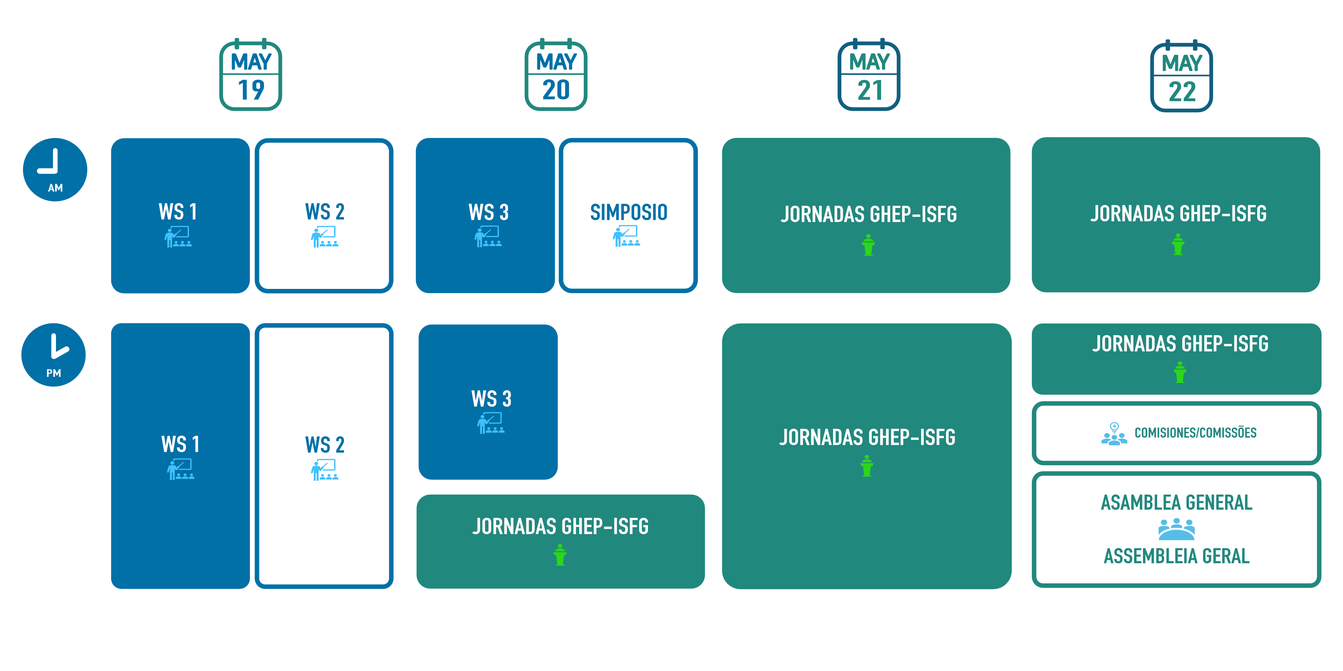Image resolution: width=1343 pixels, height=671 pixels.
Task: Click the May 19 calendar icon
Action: [251, 76]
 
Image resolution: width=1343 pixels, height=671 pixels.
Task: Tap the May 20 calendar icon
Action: [556, 76]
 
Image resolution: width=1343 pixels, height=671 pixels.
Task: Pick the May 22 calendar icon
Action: [1181, 76]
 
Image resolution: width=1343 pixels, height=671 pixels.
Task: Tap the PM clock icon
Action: [54, 355]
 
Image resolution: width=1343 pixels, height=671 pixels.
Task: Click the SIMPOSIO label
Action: [628, 212]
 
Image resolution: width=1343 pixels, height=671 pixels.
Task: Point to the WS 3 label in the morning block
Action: [488, 212]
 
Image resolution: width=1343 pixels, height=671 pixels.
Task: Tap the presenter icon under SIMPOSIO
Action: [626, 236]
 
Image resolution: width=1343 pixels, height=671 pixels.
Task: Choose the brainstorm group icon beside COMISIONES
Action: [1114, 434]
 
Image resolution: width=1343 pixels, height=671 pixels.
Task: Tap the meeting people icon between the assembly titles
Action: [1176, 530]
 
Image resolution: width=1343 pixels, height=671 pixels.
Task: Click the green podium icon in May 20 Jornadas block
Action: [560, 555]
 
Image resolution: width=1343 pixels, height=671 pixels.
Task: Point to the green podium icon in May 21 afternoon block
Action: [867, 466]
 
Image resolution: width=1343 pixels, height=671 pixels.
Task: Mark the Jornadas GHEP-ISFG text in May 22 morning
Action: [1178, 214]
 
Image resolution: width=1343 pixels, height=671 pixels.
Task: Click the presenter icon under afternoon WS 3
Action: [491, 423]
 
